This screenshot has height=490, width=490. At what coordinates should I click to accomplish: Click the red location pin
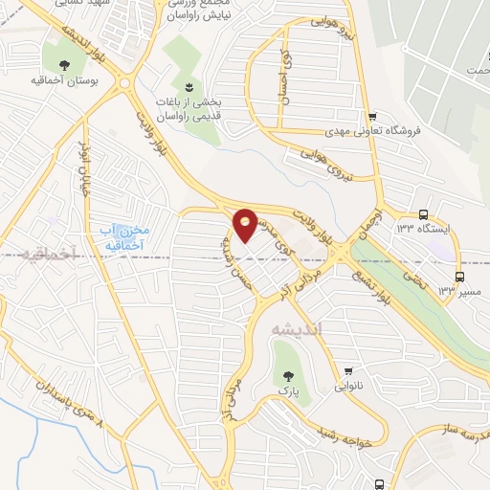tap(246, 224)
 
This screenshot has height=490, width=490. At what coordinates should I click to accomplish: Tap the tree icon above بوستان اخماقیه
tap(64, 65)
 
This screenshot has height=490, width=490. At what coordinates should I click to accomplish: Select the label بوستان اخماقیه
tap(64, 82)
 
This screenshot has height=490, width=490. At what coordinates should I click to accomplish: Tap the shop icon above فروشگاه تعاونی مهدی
tap(372, 116)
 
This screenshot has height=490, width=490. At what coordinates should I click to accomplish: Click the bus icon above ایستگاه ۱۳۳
tap(424, 215)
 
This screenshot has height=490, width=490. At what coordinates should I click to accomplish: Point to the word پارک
tap(283, 392)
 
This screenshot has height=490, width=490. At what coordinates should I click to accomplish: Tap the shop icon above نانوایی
tap(348, 373)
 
